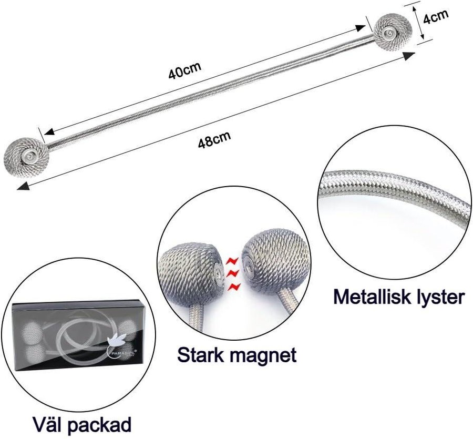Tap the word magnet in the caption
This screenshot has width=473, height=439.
pyautogui.click(x=265, y=356)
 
